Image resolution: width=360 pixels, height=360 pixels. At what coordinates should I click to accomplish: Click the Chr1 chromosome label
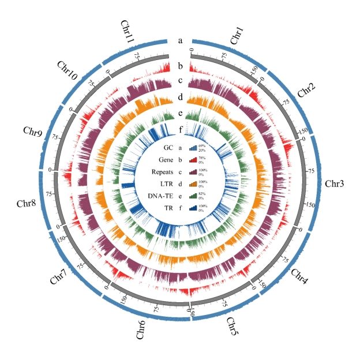click(237, 35)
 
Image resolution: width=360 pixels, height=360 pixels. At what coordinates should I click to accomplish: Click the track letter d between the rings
click(180, 97)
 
